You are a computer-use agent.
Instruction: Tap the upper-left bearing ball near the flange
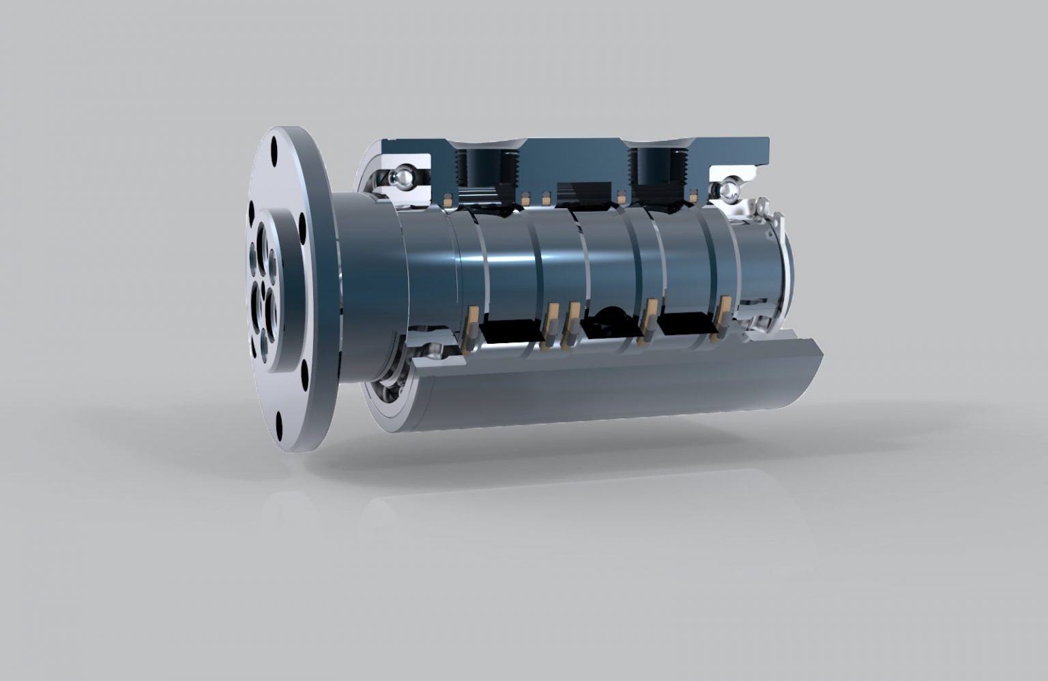pyautogui.click(x=401, y=177)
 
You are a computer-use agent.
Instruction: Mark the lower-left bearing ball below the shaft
pyautogui.click(x=432, y=352)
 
